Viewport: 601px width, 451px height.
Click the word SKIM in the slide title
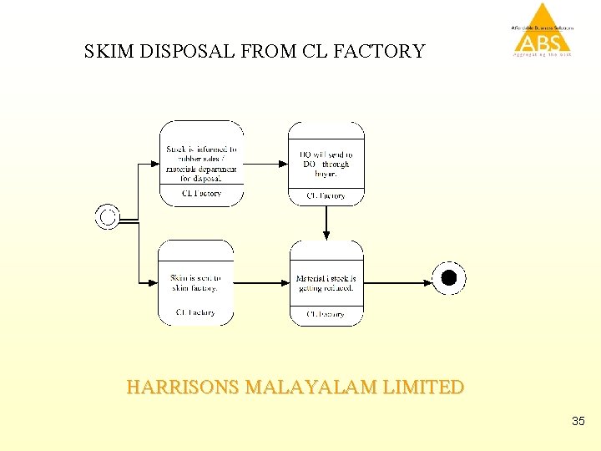(x=108, y=52)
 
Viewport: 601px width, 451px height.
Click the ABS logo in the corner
(x=543, y=32)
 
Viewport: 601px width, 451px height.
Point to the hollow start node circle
(x=107, y=217)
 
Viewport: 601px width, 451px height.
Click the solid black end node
(x=449, y=278)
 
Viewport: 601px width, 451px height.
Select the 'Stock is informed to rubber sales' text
(x=201, y=164)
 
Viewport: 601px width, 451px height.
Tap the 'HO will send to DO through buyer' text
(x=326, y=164)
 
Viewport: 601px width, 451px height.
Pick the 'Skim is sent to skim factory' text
(x=195, y=282)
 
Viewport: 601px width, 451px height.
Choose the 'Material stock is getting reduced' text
(x=326, y=282)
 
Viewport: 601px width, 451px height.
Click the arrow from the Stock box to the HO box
(x=265, y=164)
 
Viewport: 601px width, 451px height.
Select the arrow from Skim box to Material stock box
(x=260, y=282)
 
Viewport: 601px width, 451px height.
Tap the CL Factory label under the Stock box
(x=201, y=194)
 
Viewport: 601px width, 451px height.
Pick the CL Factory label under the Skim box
(x=195, y=313)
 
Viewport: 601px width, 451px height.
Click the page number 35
(x=578, y=422)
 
